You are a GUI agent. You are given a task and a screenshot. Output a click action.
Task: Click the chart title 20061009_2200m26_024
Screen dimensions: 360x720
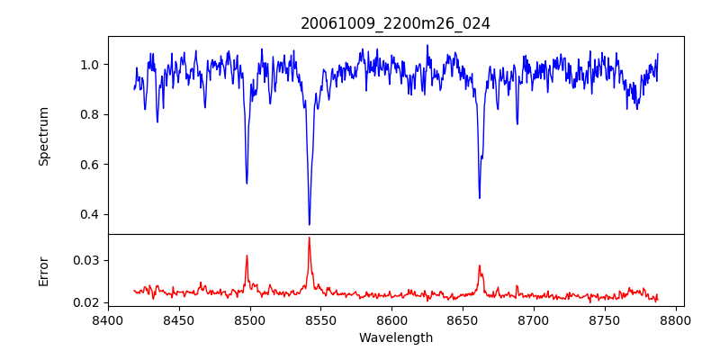point(395,23)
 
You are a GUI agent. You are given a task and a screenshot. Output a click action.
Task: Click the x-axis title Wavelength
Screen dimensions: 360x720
point(395,337)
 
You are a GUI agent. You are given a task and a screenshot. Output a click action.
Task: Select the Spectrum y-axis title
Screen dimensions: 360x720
point(44,136)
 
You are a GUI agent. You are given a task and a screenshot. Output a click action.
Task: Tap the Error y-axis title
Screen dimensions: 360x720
point(44,270)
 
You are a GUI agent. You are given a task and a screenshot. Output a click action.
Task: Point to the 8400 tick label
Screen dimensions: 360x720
point(108,319)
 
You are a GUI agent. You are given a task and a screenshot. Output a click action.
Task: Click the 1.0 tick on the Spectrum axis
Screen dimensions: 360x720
point(91,65)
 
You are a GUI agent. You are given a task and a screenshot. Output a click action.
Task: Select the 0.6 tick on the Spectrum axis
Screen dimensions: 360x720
point(91,165)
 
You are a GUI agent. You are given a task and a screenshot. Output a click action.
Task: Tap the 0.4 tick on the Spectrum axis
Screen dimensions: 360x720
point(91,214)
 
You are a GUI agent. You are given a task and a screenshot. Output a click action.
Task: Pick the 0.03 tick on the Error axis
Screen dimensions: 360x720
point(87,260)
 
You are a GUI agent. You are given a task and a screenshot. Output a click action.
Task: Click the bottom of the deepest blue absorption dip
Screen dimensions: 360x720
point(310,224)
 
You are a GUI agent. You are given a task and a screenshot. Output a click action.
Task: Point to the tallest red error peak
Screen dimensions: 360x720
point(309,238)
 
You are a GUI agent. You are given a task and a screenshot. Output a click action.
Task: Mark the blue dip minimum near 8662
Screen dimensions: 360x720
point(480,198)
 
